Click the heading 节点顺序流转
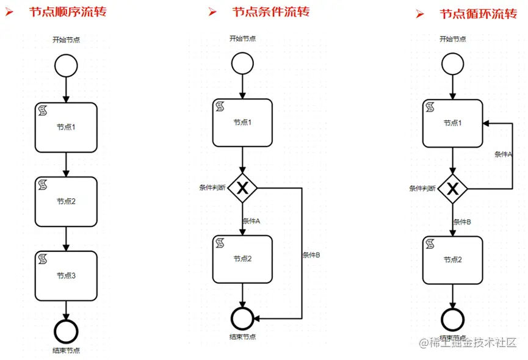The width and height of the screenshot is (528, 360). (x=68, y=12)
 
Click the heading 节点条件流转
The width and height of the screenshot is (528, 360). (x=270, y=12)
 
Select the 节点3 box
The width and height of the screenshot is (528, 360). (x=66, y=276)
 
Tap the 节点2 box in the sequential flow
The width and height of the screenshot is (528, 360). (x=66, y=201)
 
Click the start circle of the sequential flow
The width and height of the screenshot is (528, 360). (x=66, y=66)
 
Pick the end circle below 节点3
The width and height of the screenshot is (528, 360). (x=66, y=330)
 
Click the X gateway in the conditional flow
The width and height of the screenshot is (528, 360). (x=243, y=189)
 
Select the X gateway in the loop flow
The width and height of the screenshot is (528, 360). (x=452, y=189)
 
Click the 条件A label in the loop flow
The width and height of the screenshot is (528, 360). (x=503, y=154)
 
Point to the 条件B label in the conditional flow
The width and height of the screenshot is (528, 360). (x=311, y=255)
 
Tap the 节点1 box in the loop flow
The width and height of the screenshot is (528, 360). (x=452, y=123)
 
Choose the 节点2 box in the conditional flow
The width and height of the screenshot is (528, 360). (x=243, y=258)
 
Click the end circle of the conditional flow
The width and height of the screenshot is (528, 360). (x=243, y=319)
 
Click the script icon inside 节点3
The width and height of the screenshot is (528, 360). (x=44, y=259)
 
